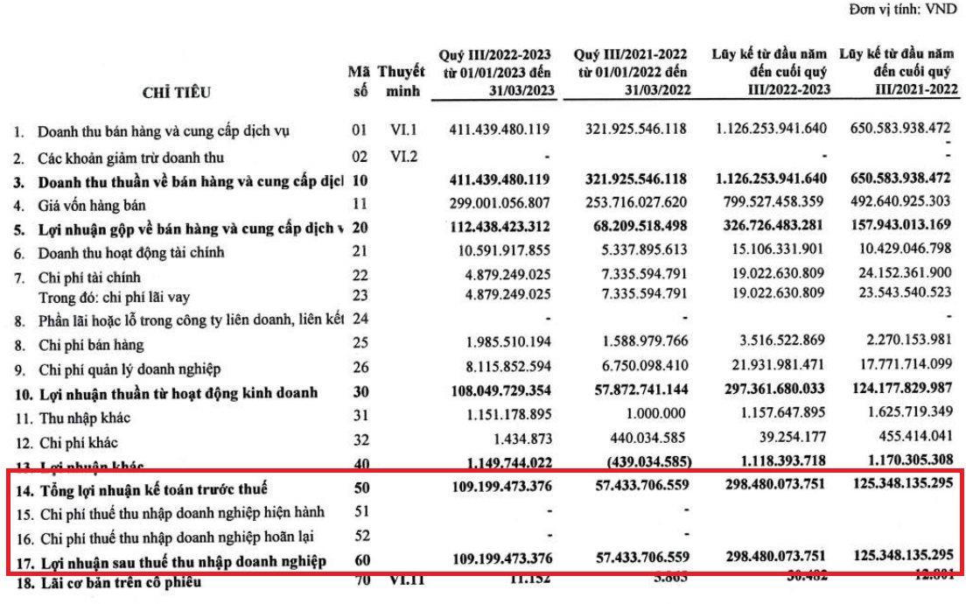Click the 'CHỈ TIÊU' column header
[x=180, y=92]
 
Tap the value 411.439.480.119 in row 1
[x=499, y=130]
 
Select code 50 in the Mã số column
[x=361, y=488]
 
